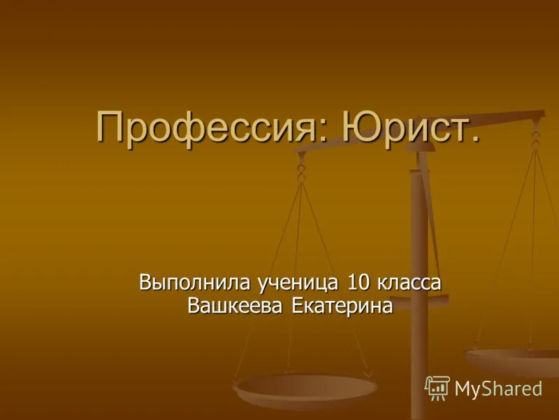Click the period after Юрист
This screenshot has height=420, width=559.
click(474, 137)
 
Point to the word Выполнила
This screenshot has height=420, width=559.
click(194, 283)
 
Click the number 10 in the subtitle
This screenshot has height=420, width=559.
click(358, 282)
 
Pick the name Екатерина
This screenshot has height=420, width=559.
click(342, 306)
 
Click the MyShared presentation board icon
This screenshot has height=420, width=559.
click(437, 388)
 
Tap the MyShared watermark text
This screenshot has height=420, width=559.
click(498, 388)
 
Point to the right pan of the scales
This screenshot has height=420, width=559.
click(512, 361)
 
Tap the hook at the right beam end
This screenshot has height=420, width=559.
click(535, 140)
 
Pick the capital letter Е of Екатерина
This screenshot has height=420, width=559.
click(298, 306)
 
